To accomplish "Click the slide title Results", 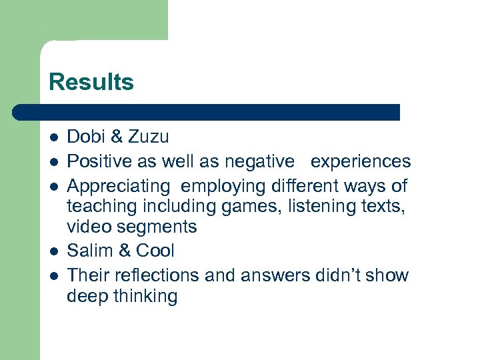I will [x=91, y=82].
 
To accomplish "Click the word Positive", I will [x=101, y=161].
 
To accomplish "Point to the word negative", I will [x=259, y=161].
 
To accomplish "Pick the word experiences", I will [x=361, y=162].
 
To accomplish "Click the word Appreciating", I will [x=119, y=186].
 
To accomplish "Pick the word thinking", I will [x=145, y=297].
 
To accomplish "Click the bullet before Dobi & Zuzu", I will [x=53, y=138].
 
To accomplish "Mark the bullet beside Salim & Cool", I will [x=53, y=251].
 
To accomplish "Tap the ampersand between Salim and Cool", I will [x=123, y=251].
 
